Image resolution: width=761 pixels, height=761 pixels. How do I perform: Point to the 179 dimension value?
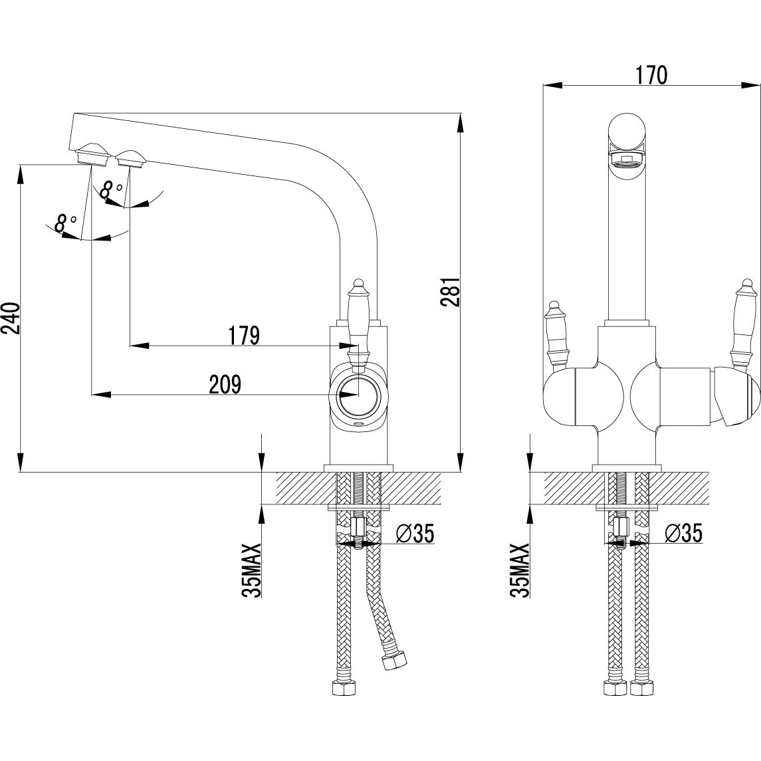click(244, 336)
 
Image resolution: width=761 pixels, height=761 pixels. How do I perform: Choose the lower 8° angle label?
click(64, 222)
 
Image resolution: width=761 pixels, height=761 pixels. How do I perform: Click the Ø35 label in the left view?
click(415, 533)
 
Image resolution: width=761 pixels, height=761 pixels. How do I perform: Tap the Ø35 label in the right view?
click(683, 533)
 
